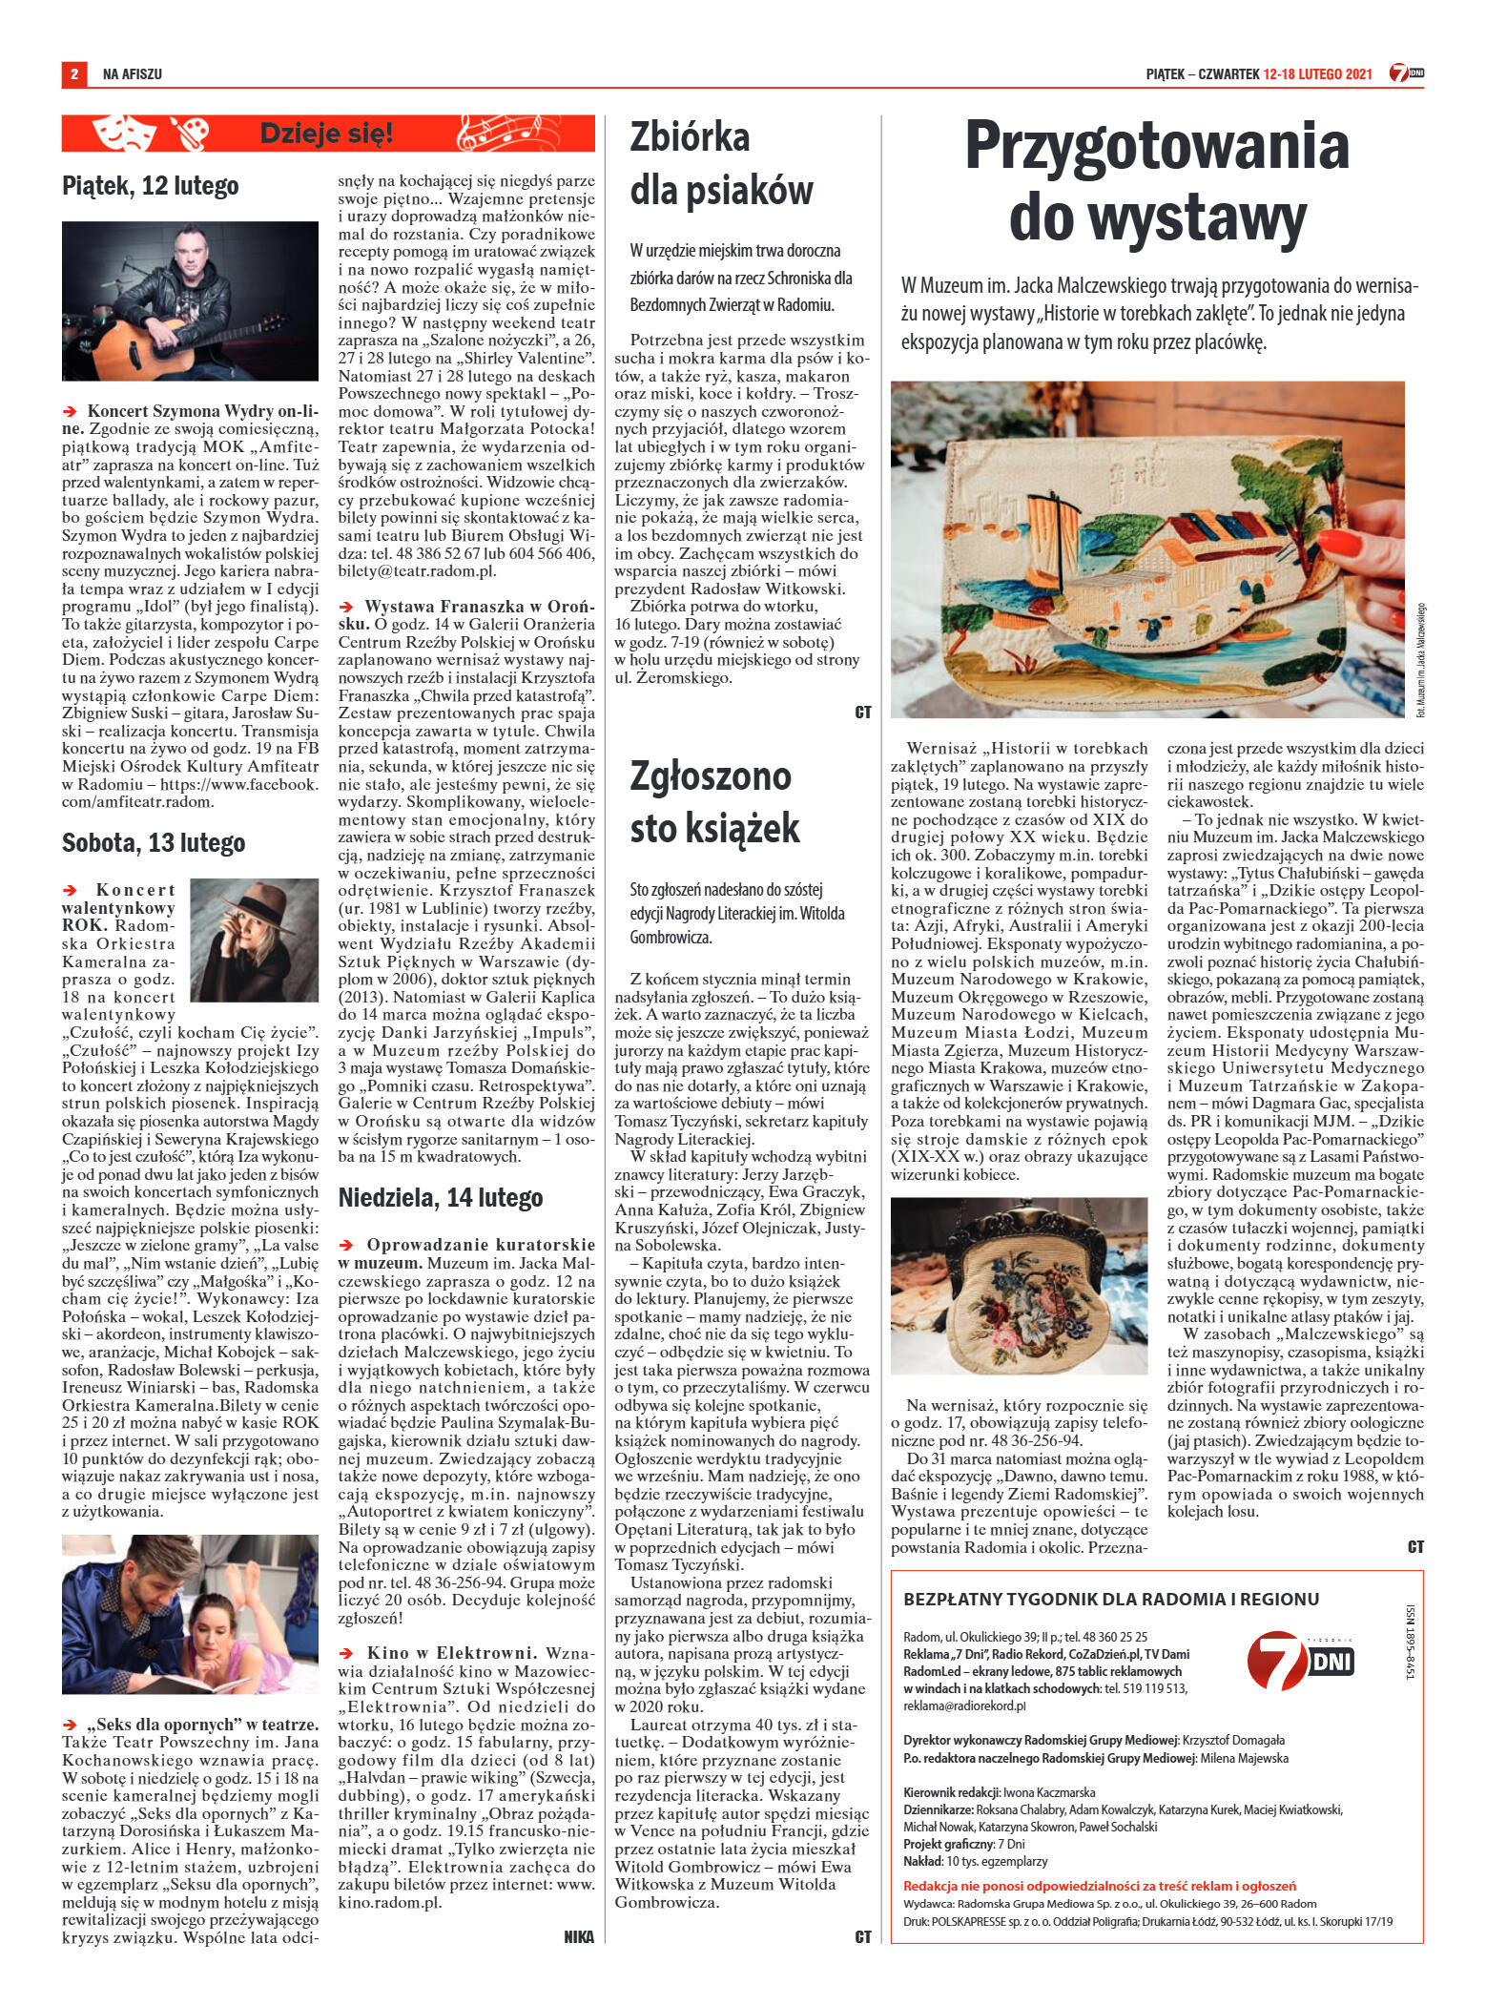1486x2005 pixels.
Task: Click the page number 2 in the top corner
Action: (72, 73)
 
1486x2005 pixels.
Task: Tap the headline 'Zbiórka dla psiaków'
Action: (721, 164)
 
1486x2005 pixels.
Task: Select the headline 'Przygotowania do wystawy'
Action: (1157, 182)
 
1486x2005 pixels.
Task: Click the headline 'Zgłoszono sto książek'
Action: (711, 802)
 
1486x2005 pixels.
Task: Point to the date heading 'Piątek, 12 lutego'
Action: (150, 185)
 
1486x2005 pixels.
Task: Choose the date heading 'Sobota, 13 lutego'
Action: (153, 842)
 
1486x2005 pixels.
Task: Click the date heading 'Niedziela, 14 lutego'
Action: (442, 1197)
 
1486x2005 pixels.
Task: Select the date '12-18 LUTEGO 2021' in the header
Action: (1316, 73)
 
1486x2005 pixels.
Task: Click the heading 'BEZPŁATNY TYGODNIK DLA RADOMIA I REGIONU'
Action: (1111, 1599)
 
